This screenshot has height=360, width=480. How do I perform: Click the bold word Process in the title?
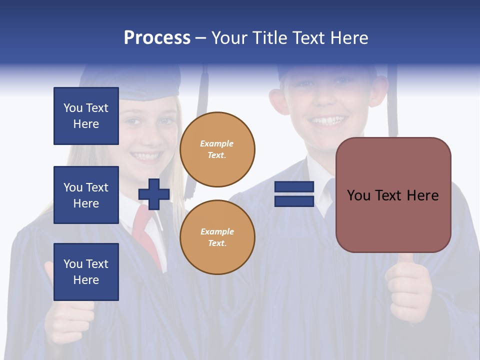click(x=157, y=38)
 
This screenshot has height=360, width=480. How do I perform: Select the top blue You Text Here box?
click(x=86, y=116)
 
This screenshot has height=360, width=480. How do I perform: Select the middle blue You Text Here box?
click(x=86, y=195)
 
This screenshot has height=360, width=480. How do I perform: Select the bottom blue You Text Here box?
click(x=86, y=272)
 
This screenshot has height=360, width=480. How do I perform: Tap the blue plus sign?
click(x=153, y=194)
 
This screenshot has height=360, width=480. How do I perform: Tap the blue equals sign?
click(x=294, y=194)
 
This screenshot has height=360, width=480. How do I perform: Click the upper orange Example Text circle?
click(x=217, y=149)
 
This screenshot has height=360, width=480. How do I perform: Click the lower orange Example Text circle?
click(x=217, y=237)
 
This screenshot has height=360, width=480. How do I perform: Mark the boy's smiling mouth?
click(x=328, y=120)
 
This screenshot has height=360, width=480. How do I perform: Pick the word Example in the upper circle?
click(x=217, y=143)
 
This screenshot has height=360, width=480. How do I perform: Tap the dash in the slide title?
click(x=200, y=38)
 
